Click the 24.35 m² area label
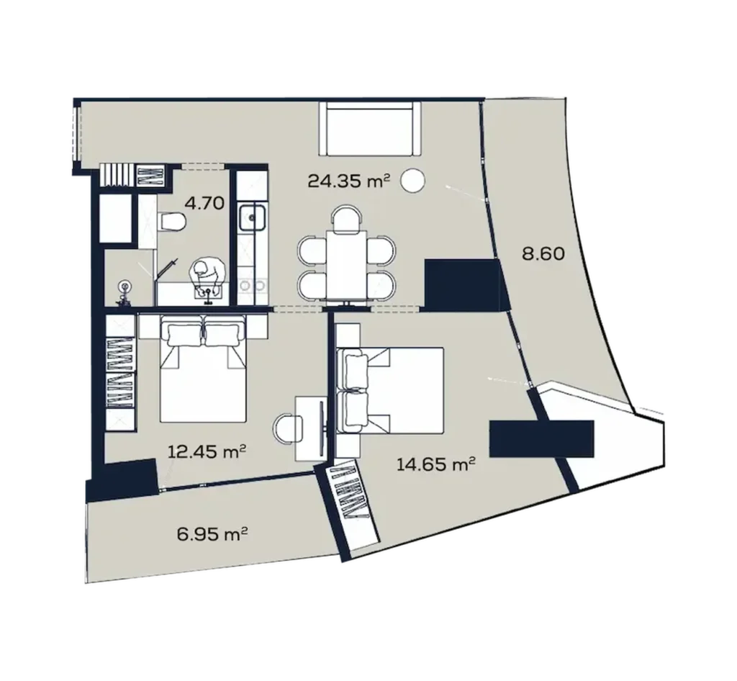348,180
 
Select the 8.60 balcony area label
543,253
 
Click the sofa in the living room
371,127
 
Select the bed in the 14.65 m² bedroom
389,389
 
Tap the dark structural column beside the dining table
461,284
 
